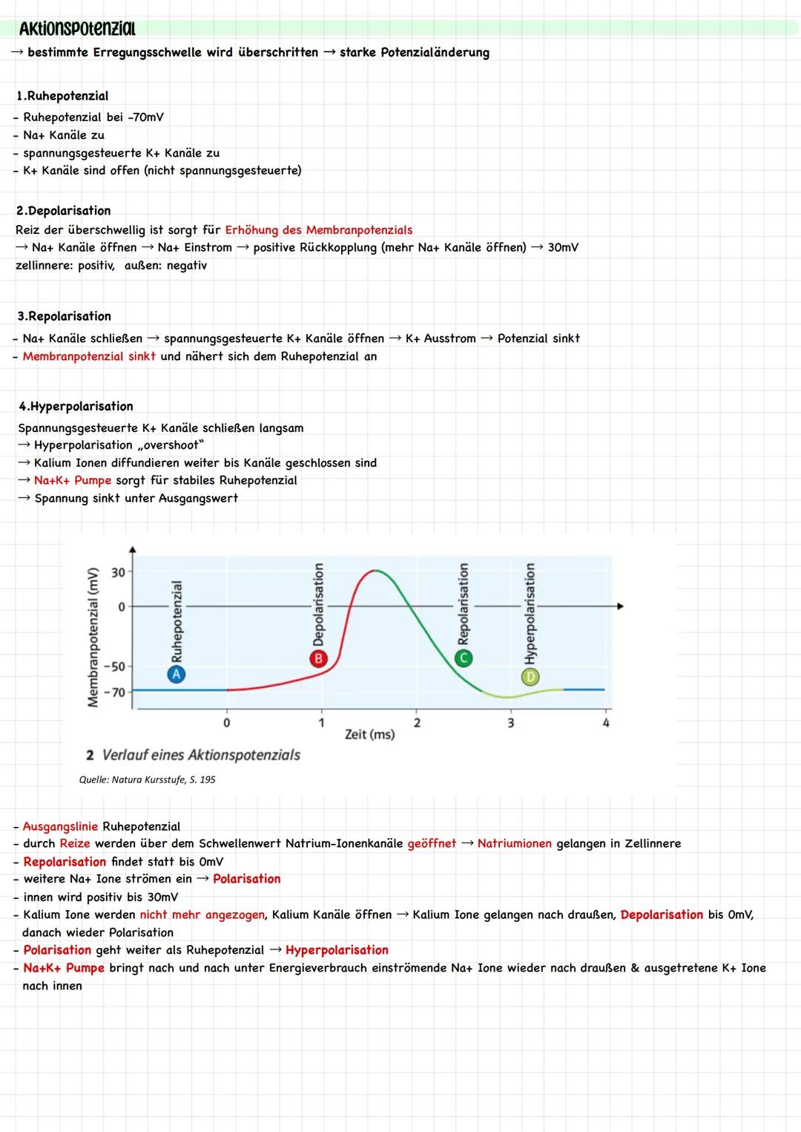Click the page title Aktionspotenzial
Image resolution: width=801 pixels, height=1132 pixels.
(77, 29)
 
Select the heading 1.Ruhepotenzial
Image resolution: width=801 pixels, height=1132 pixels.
(62, 96)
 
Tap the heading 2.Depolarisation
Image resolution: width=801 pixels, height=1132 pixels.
(63, 211)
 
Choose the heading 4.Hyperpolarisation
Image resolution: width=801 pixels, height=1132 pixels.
(76, 407)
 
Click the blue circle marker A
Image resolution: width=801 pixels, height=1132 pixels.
(177, 674)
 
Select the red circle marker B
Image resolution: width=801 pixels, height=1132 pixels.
(318, 658)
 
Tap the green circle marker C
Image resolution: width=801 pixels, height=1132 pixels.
(464, 658)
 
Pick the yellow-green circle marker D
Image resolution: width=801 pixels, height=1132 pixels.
(530, 676)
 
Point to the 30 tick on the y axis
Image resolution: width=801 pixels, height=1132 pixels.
(118, 572)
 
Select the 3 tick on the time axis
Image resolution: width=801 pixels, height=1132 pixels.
(510, 722)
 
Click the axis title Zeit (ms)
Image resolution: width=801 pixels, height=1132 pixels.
(369, 735)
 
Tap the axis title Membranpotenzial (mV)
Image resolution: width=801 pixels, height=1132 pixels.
(93, 637)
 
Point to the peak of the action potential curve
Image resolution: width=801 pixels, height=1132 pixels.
(376, 571)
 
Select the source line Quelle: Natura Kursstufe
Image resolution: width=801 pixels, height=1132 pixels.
(147, 780)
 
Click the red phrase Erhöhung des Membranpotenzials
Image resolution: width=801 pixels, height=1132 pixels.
(318, 230)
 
